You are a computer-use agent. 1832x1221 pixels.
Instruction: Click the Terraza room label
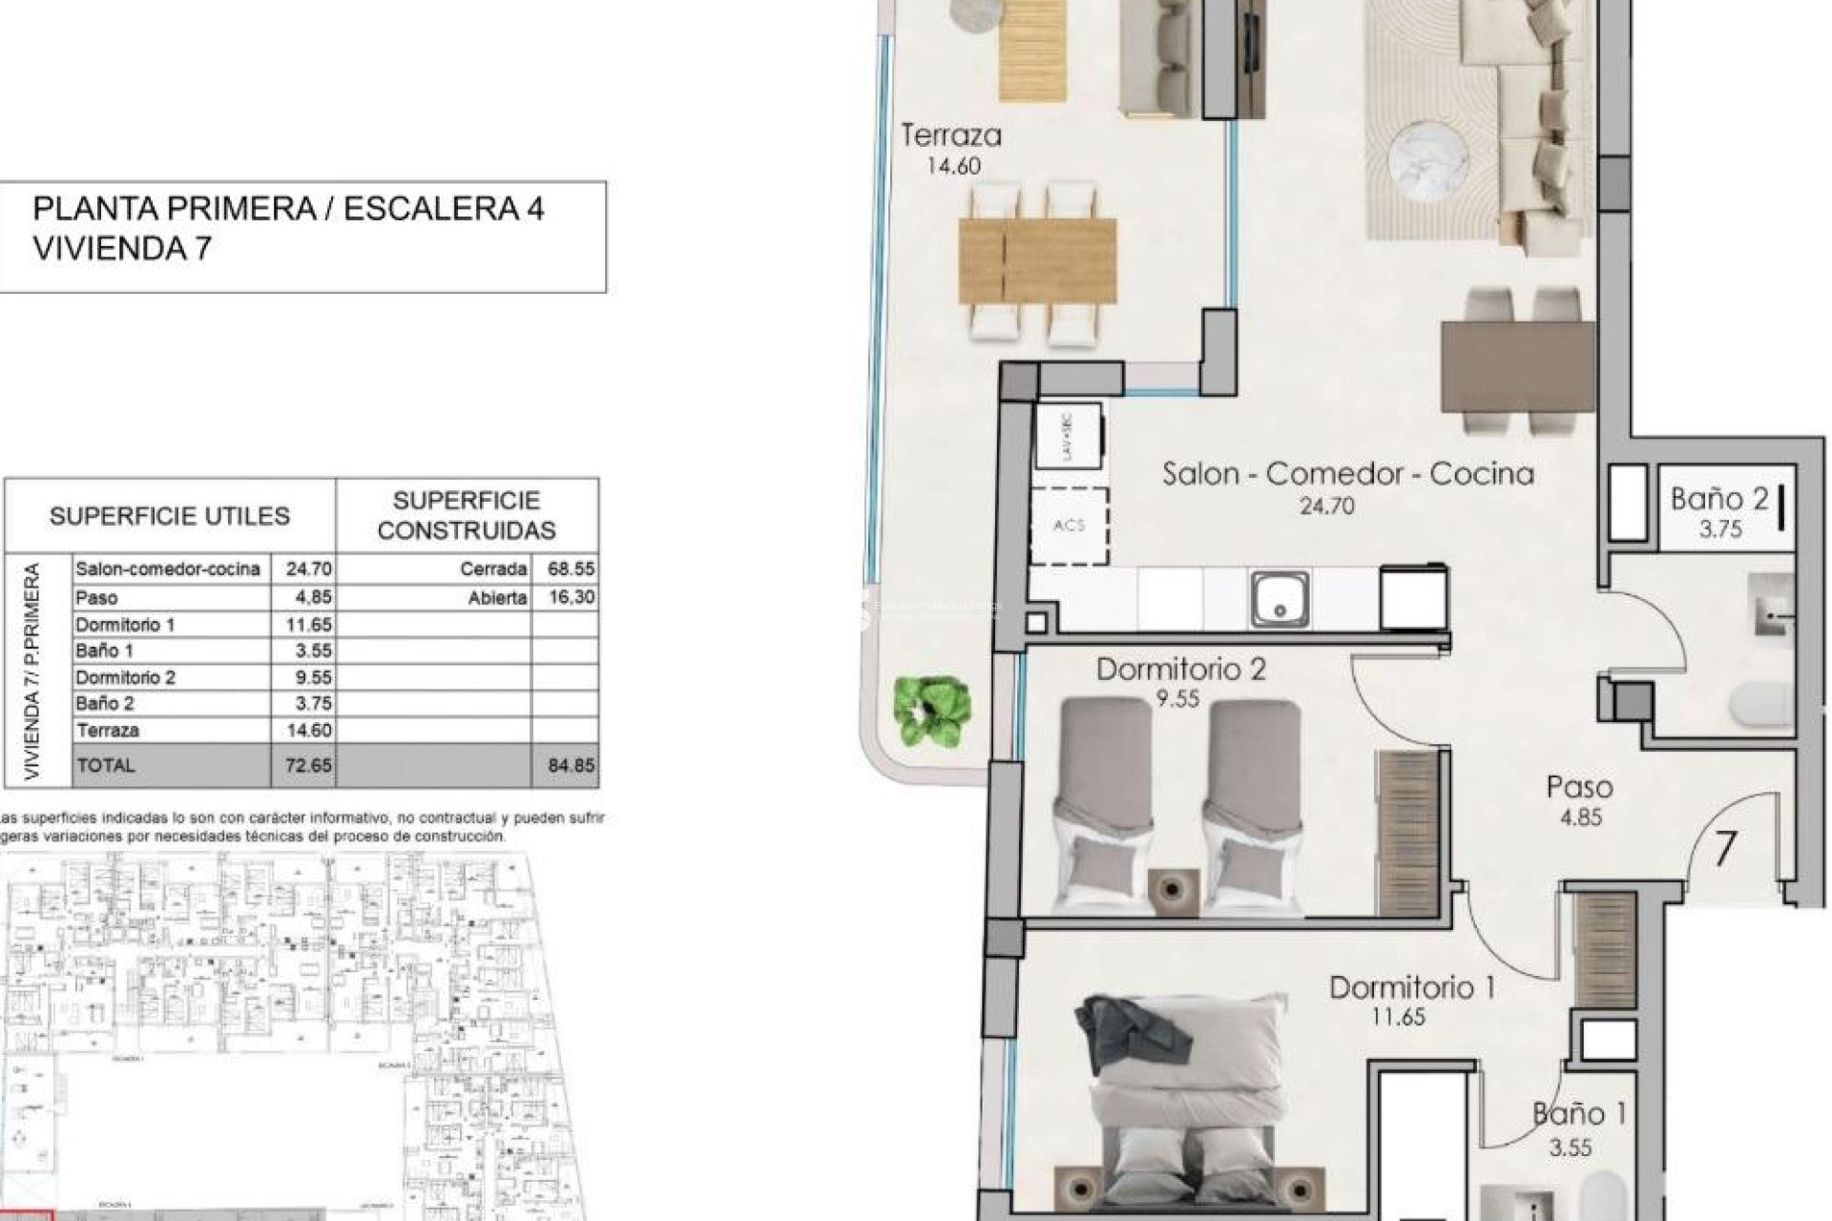click(x=951, y=135)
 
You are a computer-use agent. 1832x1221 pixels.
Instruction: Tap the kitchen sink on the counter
click(x=1280, y=598)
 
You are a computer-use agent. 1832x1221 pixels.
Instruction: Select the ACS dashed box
click(x=1069, y=526)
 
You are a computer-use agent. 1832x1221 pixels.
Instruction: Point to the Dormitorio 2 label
click(x=1180, y=670)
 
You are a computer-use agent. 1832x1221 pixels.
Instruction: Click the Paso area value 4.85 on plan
click(x=1580, y=817)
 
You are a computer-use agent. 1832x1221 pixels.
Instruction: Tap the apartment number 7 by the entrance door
click(x=1724, y=848)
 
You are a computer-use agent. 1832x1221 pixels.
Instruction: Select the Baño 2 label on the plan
click(x=1719, y=498)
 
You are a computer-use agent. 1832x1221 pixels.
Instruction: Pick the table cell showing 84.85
click(x=570, y=765)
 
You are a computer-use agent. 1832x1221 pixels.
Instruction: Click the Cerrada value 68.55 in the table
click(x=571, y=569)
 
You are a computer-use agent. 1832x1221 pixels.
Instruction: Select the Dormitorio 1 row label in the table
click(x=125, y=625)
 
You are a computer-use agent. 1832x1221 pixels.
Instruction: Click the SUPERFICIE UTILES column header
click(x=170, y=516)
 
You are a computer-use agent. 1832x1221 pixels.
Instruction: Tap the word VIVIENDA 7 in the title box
click(x=122, y=249)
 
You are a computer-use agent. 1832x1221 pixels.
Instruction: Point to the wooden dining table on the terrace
click(x=1037, y=259)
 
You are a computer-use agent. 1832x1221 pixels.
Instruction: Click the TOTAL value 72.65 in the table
click(x=308, y=765)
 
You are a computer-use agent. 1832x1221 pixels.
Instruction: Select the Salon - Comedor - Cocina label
click(x=1347, y=474)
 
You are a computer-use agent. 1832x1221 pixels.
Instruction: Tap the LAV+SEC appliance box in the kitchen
click(x=1068, y=436)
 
